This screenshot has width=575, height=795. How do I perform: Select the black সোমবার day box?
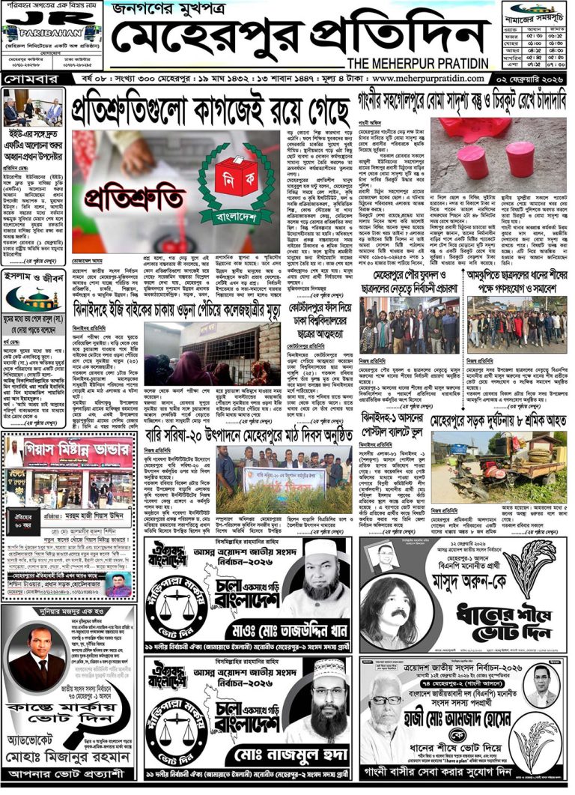27,78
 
